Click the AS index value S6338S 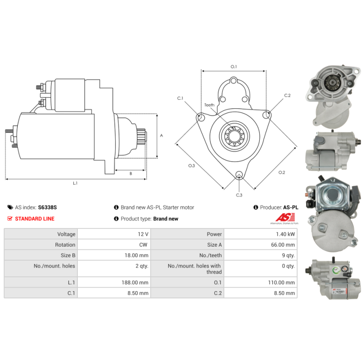(x=47, y=207)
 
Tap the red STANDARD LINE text (x=35, y=219)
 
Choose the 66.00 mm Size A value (x=283, y=245)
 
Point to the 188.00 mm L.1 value (x=135, y=283)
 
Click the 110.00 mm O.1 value (x=281, y=283)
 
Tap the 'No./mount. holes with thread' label (x=195, y=269)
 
